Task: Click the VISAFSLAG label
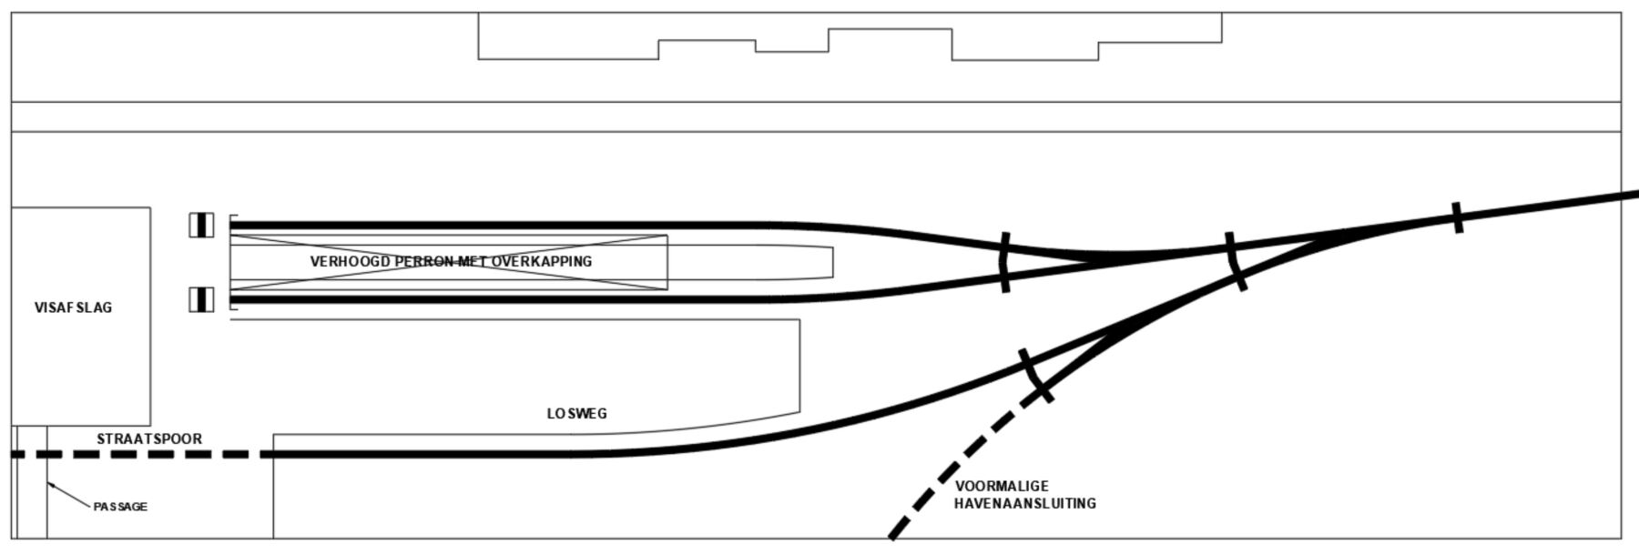[x=73, y=307]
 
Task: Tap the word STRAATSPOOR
[x=149, y=438]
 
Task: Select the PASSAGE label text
[x=120, y=507]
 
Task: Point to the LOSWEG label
[x=576, y=413]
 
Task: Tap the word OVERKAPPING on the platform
[x=542, y=261]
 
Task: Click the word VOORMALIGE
[x=1002, y=486]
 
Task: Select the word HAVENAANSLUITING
[x=1025, y=503]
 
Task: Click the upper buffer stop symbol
[x=201, y=225]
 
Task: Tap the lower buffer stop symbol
[x=201, y=299]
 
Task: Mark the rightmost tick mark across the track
[x=1457, y=217]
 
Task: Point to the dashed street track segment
[x=141, y=454]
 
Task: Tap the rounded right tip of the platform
[x=832, y=262]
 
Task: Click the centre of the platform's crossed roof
[x=448, y=262]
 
